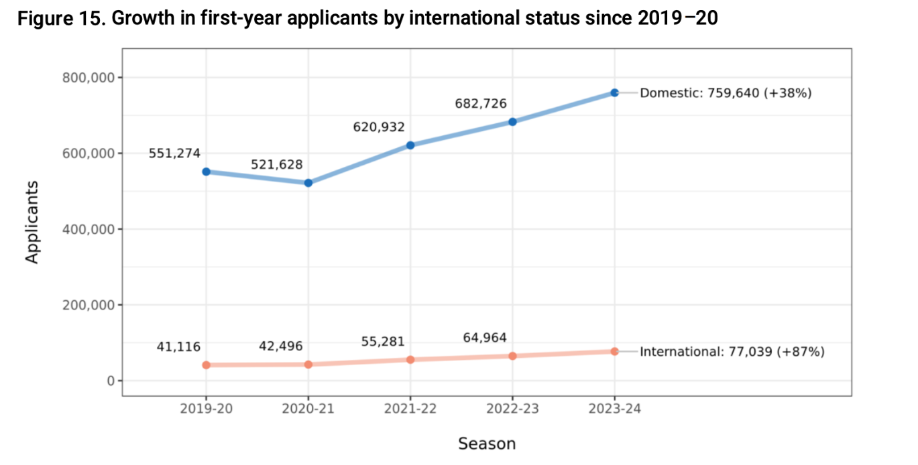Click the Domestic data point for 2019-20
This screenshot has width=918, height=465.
(207, 172)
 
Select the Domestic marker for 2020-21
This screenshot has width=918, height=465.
(308, 183)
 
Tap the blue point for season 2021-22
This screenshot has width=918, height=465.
(410, 145)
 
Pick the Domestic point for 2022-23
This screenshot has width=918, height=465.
(512, 122)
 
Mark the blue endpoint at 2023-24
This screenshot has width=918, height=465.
(614, 92)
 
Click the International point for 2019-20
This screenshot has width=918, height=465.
(207, 365)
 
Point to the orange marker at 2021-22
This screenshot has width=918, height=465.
(410, 360)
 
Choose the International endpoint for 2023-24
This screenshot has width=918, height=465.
(614, 351)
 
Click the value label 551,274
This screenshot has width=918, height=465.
(174, 153)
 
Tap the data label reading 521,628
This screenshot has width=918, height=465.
(277, 165)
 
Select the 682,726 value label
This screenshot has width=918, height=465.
(481, 104)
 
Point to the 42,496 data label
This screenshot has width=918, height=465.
(281, 346)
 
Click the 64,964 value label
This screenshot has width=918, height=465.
(485, 338)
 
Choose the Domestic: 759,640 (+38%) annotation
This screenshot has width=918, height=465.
(726, 93)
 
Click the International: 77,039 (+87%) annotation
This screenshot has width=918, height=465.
(732, 351)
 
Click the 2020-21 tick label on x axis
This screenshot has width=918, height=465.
(308, 409)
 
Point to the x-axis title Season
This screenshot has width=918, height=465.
(487, 444)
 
